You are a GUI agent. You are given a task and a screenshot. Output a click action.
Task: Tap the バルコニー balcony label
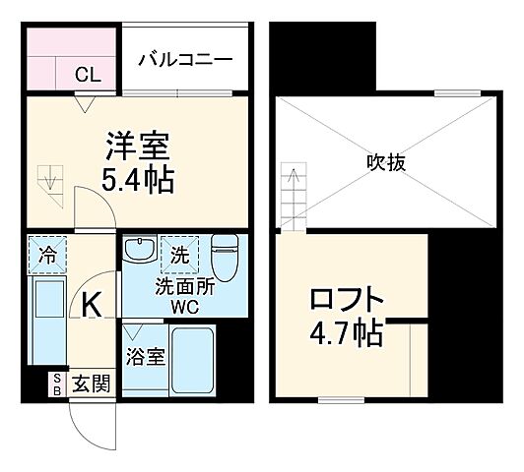click(184, 58)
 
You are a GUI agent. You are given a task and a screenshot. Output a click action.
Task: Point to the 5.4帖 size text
click(138, 179)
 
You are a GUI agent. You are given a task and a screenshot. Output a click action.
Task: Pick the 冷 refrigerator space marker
click(47, 253)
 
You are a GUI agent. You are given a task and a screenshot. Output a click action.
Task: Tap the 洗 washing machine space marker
click(179, 253)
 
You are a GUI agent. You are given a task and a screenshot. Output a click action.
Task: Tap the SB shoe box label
click(57, 383)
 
